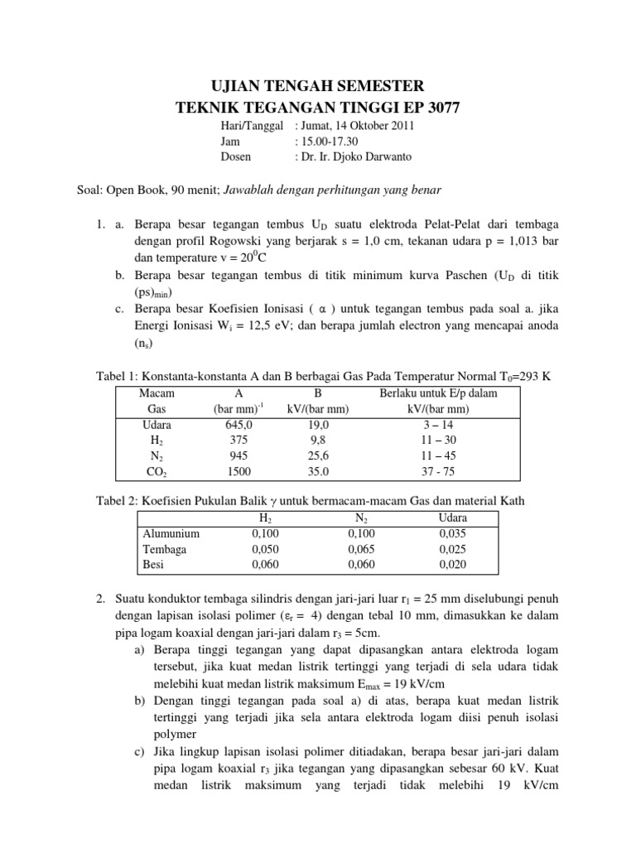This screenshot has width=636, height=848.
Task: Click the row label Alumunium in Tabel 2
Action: (x=171, y=533)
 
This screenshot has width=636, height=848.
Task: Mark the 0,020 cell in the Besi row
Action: (x=452, y=564)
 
